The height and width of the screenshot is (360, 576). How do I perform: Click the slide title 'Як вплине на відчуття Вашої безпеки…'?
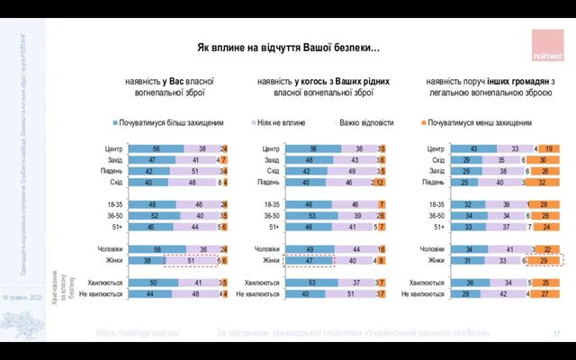[x=288, y=47]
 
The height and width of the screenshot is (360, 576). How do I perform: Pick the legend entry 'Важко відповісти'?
[x=369, y=121]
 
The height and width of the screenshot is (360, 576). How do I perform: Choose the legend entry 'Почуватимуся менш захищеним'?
[x=476, y=121]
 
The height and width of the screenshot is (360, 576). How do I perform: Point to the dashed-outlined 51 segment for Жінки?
[x=191, y=260]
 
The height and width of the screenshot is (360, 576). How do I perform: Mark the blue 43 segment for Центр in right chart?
[x=472, y=148]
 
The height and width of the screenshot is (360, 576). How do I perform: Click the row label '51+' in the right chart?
[x=438, y=227]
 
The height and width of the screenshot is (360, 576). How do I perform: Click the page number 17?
[x=556, y=334]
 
